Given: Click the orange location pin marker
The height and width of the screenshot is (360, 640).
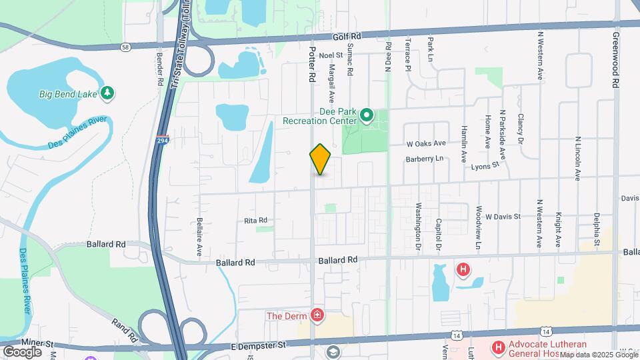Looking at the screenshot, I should tap(321, 159).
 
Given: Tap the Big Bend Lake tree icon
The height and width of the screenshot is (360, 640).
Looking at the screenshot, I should tap(106, 93).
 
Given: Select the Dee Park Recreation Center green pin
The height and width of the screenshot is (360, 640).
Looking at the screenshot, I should tap(366, 117).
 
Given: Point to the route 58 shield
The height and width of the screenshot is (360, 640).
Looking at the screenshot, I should tap(125, 47).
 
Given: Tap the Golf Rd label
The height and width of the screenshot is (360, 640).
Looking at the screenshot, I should tap(348, 37).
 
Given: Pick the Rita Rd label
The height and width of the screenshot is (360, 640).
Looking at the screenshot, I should tap(255, 220).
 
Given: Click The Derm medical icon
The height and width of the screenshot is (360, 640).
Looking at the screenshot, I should tap(317, 315).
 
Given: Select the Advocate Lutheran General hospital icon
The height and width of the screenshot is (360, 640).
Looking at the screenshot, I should tap(498, 347).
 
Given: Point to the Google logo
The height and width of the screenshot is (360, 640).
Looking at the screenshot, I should tap(22, 351).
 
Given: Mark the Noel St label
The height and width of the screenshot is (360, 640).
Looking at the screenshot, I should tap(330, 55).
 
